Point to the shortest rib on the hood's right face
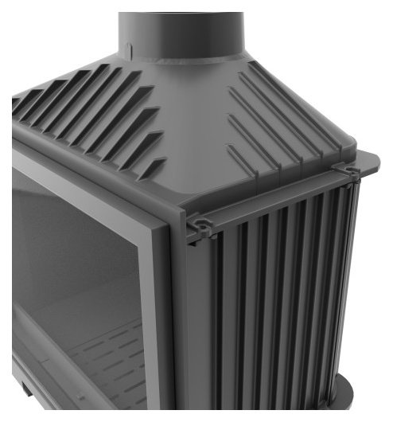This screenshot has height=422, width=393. [x=239, y=160]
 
